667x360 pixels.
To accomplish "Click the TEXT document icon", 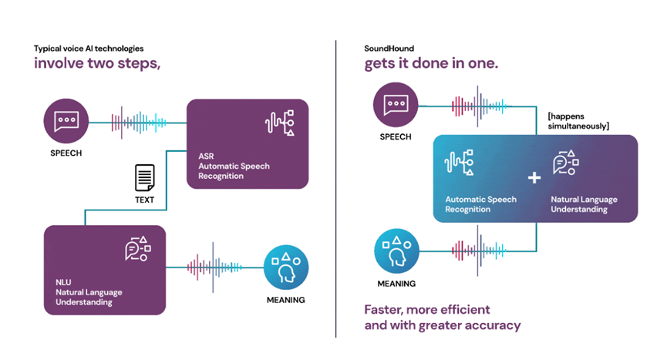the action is coord(145,177).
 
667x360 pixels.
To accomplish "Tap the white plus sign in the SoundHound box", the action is coord(534,177).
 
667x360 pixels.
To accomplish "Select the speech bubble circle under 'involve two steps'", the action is coord(66,121).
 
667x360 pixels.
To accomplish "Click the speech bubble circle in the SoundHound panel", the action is coord(396,105).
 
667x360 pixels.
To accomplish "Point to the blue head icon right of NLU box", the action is coord(286,267).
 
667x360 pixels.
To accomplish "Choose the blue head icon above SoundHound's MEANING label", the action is coord(396,251).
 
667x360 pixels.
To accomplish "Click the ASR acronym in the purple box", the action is coord(206,156).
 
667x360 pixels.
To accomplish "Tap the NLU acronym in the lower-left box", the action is coord(63,282).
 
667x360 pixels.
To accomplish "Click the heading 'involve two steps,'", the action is coord(97,63).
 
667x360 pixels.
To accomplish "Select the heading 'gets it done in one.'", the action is coord(431,63).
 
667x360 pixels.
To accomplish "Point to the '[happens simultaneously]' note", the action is coord(578,121).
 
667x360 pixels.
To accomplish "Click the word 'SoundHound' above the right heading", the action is coord(389,49).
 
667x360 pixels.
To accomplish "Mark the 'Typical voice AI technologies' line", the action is coord(89,49).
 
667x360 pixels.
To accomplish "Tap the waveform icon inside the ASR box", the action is coord(279,123).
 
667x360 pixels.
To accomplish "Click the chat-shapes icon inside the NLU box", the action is coord(138,248).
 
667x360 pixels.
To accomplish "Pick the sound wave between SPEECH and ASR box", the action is coord(138,123).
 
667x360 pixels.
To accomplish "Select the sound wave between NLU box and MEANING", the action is coord(214,267).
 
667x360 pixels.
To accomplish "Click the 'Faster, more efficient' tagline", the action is coord(427,309).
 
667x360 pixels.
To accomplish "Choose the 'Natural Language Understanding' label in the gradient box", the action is coord(584,204).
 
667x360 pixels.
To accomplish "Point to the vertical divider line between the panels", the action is coord(335,189).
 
